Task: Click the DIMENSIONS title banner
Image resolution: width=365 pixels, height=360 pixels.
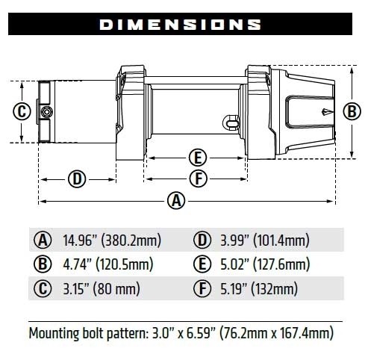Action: (182, 25)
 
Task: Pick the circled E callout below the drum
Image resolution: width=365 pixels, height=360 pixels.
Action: (197, 158)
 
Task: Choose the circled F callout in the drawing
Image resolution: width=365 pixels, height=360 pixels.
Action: (197, 179)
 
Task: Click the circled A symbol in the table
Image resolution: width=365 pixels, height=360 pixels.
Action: (43, 240)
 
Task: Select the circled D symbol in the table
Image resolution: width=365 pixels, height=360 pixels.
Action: (202, 240)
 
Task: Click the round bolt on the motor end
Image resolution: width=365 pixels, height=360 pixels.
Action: (47, 112)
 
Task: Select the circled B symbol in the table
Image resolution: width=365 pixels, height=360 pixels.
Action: (43, 264)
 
